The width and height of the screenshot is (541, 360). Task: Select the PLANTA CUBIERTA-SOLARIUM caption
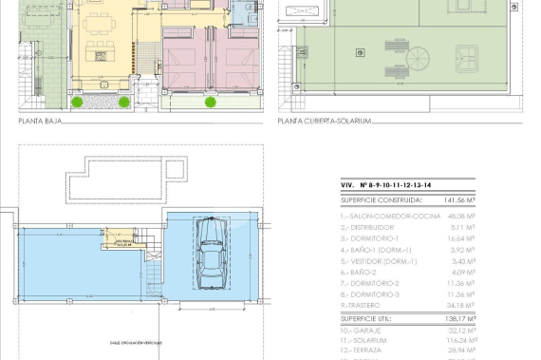324,121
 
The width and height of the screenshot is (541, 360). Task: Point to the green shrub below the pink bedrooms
210,102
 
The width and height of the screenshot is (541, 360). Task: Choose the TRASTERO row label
361,305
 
